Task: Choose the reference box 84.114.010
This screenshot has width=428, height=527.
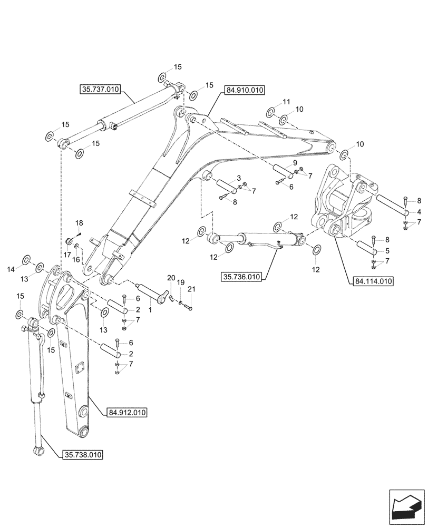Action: coord(371,281)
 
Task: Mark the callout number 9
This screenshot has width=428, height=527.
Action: coord(295,163)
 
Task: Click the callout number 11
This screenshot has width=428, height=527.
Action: coord(286,102)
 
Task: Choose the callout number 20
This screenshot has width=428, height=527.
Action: coord(171,278)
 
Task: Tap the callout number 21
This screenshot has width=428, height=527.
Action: coord(191,289)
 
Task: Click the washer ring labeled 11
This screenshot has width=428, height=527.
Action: coord(270,112)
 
